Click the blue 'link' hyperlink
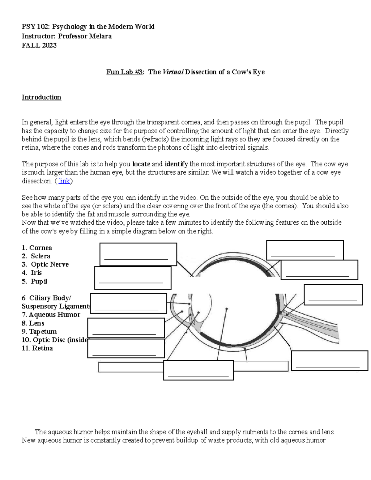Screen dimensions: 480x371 pos(64,181)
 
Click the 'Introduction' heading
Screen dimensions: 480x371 pos(41,97)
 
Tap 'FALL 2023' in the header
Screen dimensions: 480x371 pos(39,45)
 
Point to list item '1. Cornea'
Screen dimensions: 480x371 pos(37,248)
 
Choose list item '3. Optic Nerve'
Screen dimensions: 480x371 pos(45,265)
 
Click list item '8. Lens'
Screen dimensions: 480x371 pos(33,323)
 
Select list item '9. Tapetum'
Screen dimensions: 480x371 pos(39,332)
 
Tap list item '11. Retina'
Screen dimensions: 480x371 pos(37,348)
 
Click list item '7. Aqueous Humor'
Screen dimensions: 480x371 pos(51,315)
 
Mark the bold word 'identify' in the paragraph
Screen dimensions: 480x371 pos(176,164)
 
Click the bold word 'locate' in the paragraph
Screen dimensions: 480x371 pos(141,164)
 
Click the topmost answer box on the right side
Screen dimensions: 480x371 pos(305,250)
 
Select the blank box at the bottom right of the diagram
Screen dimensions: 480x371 pos(330,360)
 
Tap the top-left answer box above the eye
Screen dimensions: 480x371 pos(138,254)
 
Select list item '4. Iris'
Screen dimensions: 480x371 pos(32,273)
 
